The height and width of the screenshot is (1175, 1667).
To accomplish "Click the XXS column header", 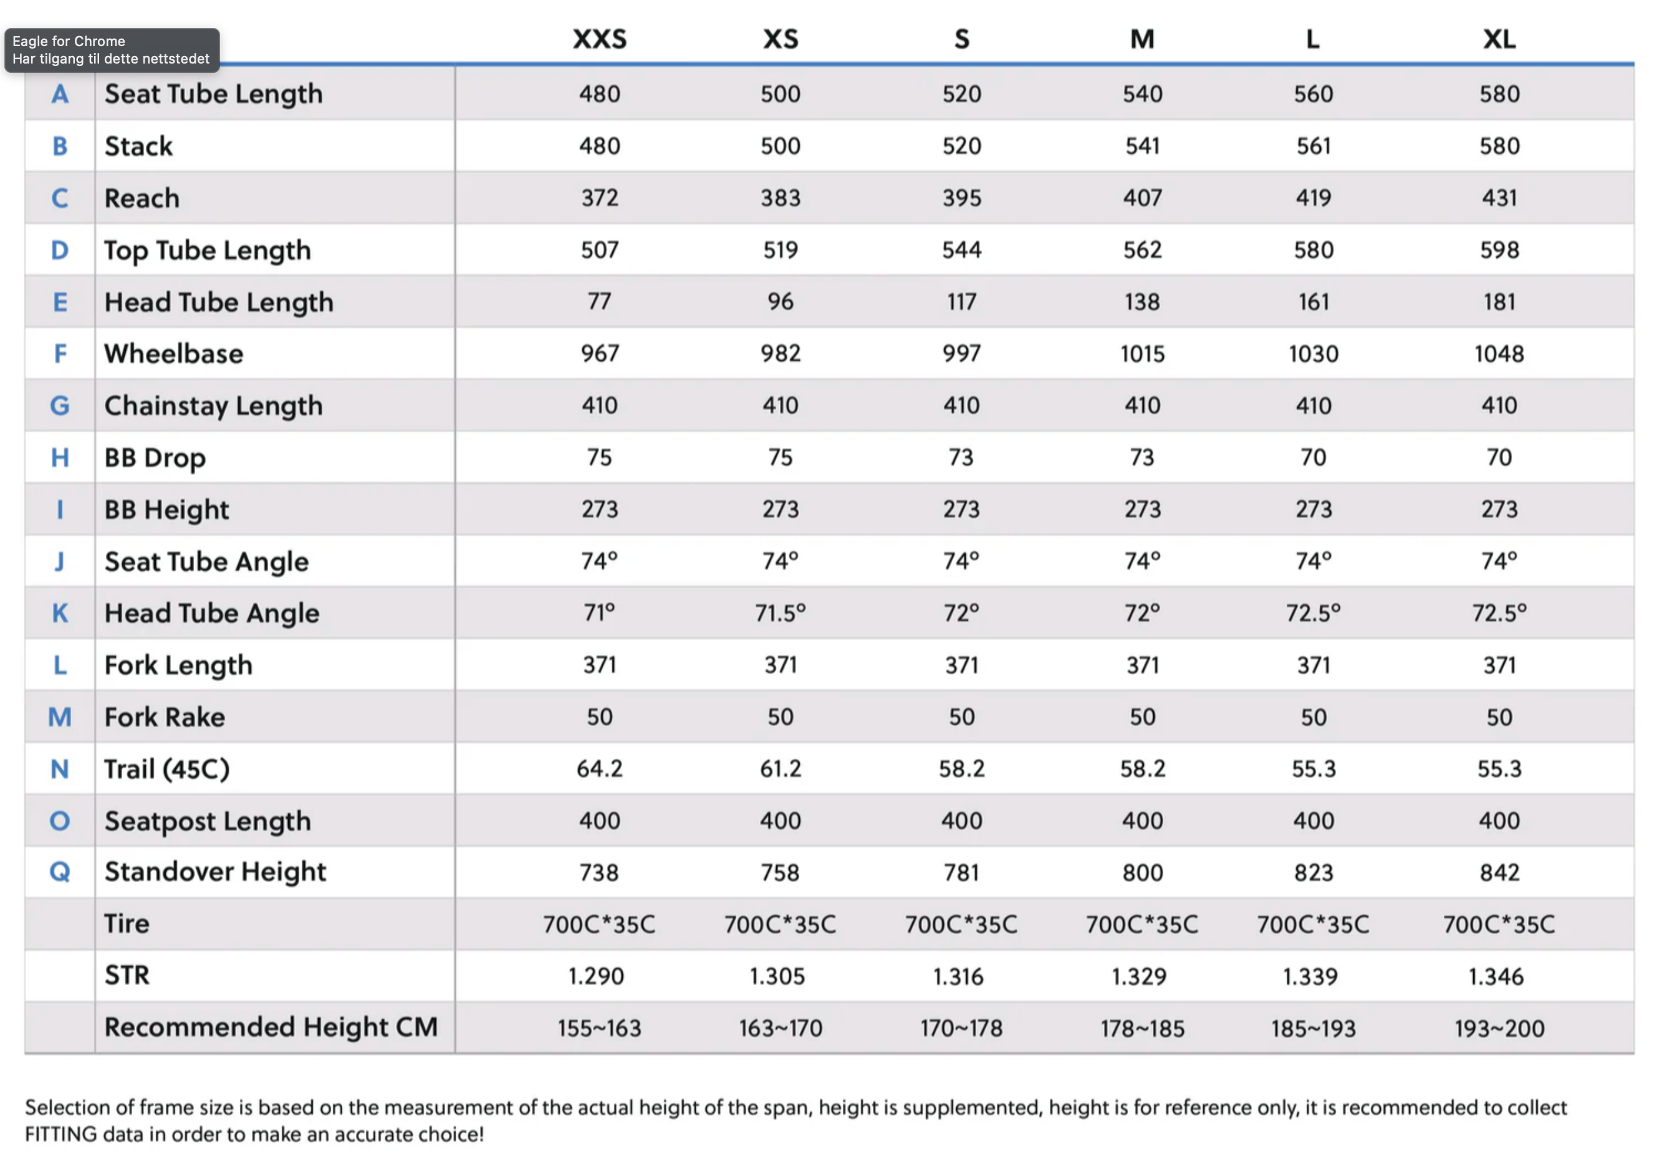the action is [599, 39].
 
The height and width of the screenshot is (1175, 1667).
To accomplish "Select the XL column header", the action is [1499, 39].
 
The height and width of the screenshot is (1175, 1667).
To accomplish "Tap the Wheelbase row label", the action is [173, 353].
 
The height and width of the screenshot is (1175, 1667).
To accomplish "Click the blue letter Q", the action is [60, 872].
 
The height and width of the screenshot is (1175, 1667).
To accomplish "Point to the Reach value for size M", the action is [1142, 197].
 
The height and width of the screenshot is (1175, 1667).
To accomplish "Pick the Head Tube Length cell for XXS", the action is [599, 301].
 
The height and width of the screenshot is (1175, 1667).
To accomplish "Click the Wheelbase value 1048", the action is [1499, 353].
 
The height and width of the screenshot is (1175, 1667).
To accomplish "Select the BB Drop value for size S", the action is [961, 457].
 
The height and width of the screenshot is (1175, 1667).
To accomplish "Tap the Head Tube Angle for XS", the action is [780, 613].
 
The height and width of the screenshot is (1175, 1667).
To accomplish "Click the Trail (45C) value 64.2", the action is [599, 769].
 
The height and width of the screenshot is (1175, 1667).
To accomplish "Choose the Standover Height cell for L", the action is [1313, 872].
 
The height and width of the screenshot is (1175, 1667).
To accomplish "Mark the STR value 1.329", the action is [1138, 976].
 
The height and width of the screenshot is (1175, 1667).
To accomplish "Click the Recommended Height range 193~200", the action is [1499, 1029].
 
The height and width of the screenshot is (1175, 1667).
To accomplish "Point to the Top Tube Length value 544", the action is [961, 250].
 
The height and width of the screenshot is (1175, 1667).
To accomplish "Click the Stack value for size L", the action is [1313, 146].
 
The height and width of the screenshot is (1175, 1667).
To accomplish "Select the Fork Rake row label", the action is [164, 717].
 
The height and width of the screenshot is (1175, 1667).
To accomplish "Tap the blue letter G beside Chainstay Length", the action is [60, 405].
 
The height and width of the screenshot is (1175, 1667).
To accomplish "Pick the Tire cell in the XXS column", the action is [599, 925].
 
